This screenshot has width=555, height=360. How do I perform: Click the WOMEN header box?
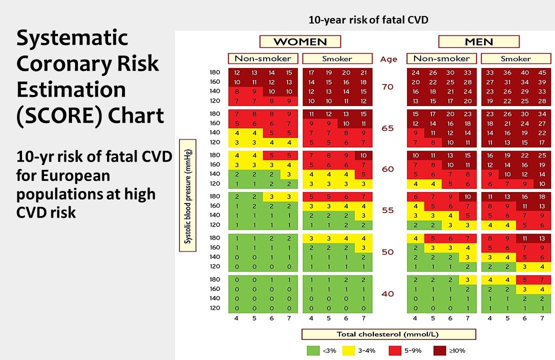click(x=300, y=41)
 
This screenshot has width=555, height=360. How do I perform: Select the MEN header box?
click(x=478, y=41)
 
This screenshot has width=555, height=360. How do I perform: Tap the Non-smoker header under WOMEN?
click(x=263, y=58)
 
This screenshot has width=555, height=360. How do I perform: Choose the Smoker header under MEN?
click(x=515, y=58)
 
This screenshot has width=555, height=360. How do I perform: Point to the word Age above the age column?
click(x=388, y=59)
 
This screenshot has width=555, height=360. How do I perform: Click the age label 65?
click(x=388, y=128)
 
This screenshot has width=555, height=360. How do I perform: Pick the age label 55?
click(x=388, y=210)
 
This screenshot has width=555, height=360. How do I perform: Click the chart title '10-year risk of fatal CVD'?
click(x=368, y=20)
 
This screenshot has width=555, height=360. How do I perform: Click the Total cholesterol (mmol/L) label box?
click(x=388, y=334)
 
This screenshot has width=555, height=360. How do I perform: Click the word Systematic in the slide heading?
click(x=72, y=38)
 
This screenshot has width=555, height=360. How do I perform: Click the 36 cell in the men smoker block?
click(x=507, y=72)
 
